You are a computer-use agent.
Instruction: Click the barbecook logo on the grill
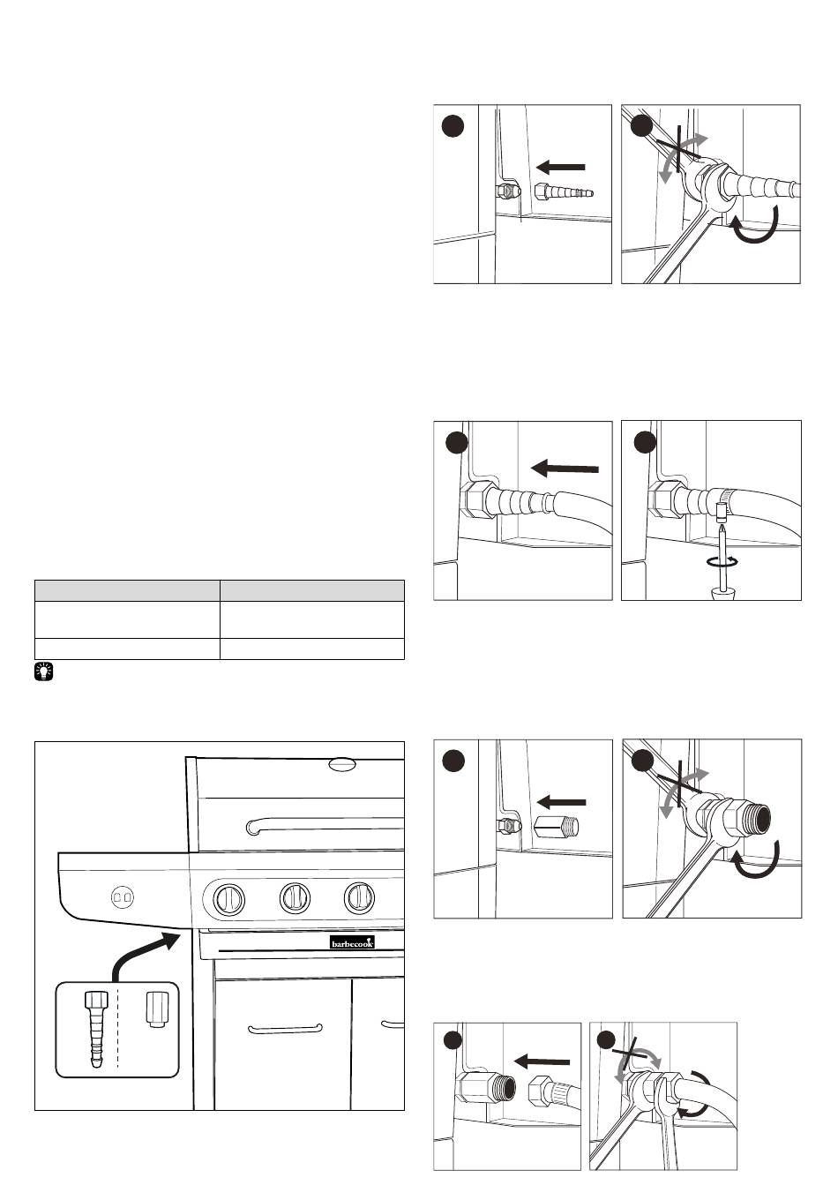click(352, 941)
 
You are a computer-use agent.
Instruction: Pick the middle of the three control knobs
click(296, 898)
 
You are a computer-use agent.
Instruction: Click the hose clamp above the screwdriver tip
click(721, 508)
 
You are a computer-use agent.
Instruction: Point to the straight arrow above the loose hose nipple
click(561, 166)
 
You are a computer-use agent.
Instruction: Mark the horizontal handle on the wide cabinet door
click(285, 1029)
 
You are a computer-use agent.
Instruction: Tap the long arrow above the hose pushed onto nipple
click(566, 470)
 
